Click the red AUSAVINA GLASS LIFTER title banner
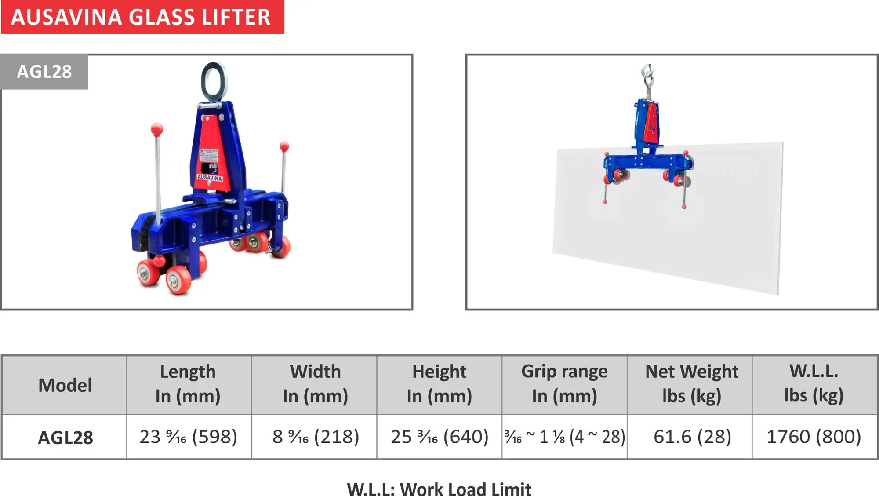pyautogui.click(x=142, y=17)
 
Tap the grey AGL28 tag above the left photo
pyautogui.click(x=44, y=72)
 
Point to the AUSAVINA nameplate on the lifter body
pyautogui.click(x=210, y=177)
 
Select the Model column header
pyautogui.click(x=65, y=385)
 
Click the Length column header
pyautogui.click(x=188, y=384)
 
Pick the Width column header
pyautogui.click(x=315, y=384)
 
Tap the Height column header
pyautogui.click(x=439, y=384)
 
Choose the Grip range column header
pyautogui.click(x=564, y=384)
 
